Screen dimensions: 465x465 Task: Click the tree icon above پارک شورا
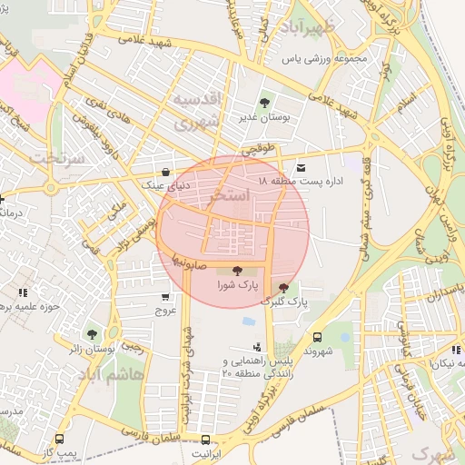(x=238, y=270)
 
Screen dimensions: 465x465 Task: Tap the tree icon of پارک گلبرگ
(x=283, y=287)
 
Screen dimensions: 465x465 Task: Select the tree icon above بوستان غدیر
(x=264, y=103)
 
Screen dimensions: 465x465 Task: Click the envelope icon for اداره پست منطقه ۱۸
(x=301, y=168)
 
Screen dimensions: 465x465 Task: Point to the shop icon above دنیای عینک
(x=164, y=172)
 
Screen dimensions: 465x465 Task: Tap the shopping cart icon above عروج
(x=164, y=296)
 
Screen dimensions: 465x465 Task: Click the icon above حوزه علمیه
(x=22, y=292)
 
